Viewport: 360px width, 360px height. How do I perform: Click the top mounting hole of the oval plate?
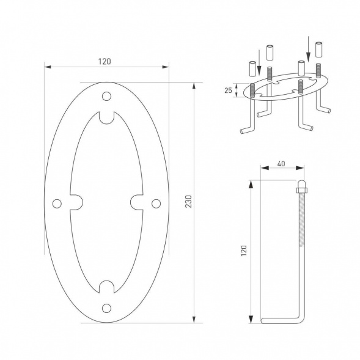[x=106, y=96]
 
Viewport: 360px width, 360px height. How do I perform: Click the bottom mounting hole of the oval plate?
[x=106, y=308]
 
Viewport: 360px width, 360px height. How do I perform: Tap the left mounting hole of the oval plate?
[x=57, y=204]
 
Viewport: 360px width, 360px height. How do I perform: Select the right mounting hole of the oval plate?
[x=156, y=204]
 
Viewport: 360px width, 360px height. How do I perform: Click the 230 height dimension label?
[x=188, y=202]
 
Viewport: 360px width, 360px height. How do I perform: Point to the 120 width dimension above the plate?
[x=105, y=62]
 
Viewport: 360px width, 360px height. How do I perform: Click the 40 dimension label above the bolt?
[x=281, y=164]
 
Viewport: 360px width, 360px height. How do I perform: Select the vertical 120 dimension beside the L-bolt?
[x=244, y=251]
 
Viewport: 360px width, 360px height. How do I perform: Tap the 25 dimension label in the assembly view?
[x=228, y=90]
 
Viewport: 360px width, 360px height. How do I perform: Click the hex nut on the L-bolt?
[x=302, y=190]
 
